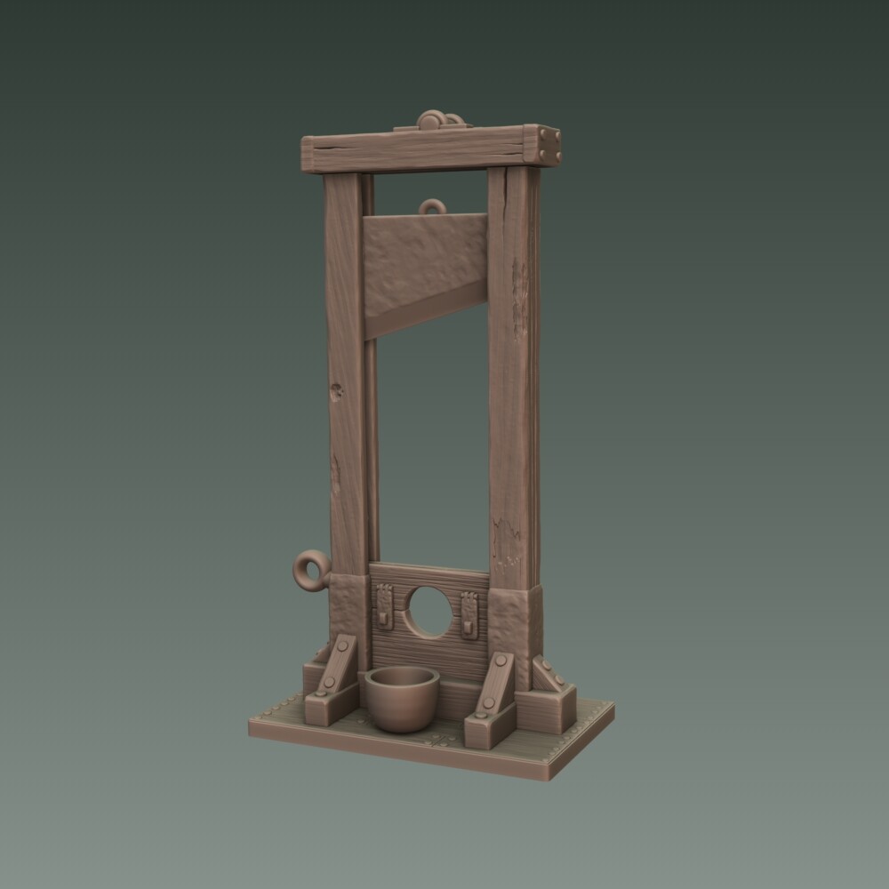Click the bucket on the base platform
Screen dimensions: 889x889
click(x=403, y=698)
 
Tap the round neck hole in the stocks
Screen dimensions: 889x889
click(x=430, y=613)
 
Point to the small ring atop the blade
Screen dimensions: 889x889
click(x=433, y=208)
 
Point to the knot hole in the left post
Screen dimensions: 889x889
click(x=337, y=388)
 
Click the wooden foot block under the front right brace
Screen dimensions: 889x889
click(x=487, y=725)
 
